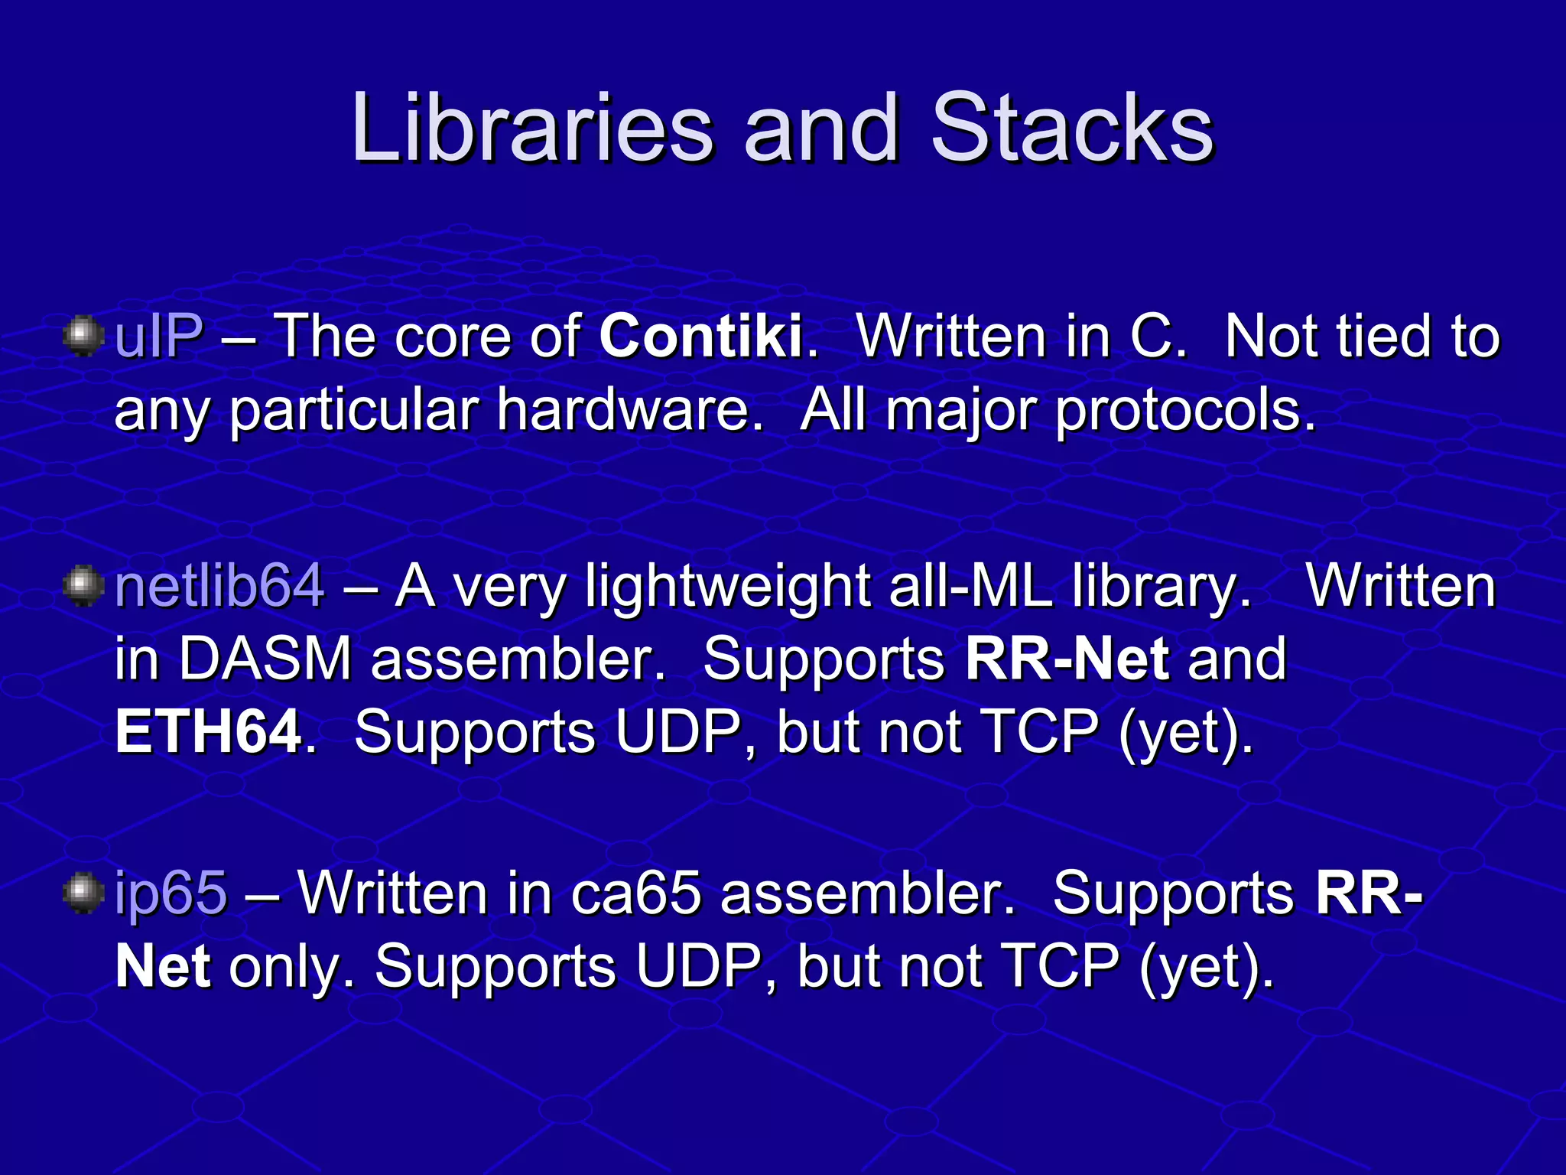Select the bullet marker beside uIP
click(x=83, y=336)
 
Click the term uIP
click(x=159, y=336)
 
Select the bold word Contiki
click(x=700, y=336)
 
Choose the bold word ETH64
click(x=208, y=732)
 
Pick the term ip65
click(x=171, y=893)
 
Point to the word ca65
click(x=636, y=893)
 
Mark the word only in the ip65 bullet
click(x=285, y=966)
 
